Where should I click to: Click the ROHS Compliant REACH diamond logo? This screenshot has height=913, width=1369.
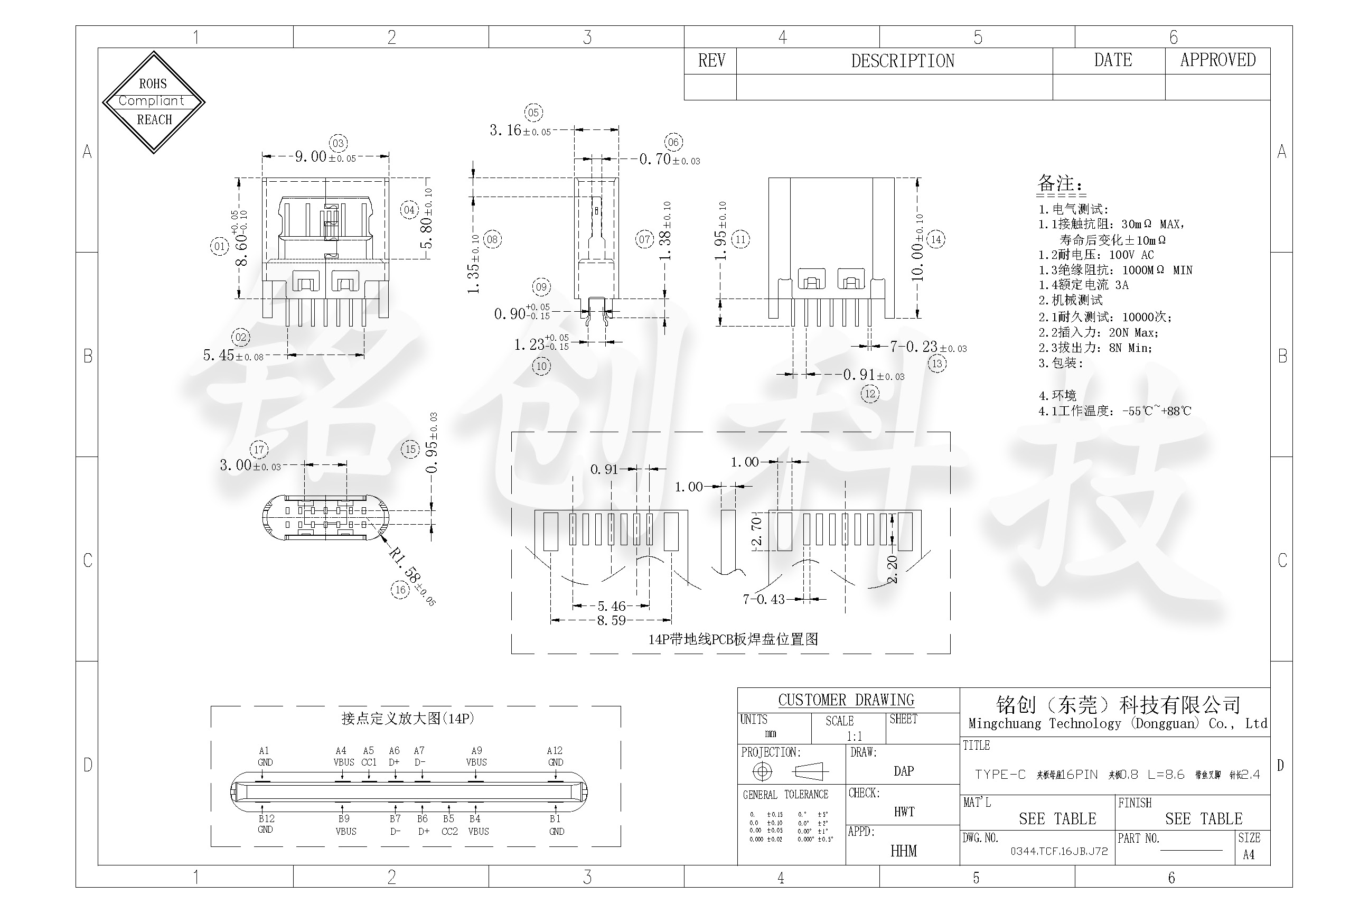point(154,102)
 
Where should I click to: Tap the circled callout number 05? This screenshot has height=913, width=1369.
point(533,113)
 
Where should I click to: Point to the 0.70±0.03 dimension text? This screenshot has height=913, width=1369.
point(669,159)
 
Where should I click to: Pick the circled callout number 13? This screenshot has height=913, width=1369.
point(936,364)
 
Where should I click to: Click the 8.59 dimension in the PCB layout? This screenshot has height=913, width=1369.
point(611,620)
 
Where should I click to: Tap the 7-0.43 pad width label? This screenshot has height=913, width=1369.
point(764,599)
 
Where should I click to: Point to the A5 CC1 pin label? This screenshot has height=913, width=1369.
point(369,756)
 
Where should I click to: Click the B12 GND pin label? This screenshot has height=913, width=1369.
point(266,824)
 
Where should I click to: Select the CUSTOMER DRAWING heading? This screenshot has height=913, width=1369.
point(846,700)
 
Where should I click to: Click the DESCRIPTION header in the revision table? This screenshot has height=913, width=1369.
point(902,61)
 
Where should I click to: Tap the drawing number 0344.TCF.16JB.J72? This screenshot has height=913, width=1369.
point(1059,851)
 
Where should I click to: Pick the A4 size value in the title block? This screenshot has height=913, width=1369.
point(1249,854)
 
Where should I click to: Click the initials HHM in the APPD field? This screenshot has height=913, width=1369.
point(903,851)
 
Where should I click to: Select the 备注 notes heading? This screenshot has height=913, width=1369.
point(1060,184)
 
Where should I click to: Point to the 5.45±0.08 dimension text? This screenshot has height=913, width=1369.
point(233,355)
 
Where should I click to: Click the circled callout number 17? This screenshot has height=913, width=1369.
point(259,450)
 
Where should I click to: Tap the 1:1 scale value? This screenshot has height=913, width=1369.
point(854,736)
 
